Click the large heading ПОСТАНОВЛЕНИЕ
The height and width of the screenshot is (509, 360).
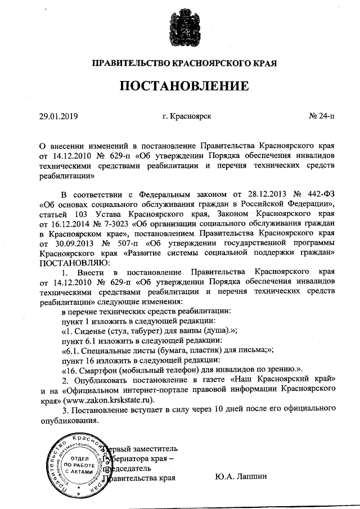183,86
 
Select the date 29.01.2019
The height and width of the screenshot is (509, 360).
58,116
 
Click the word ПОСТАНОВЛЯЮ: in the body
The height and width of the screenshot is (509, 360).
71,262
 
